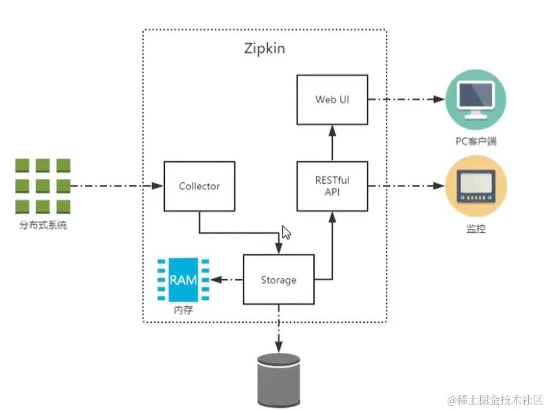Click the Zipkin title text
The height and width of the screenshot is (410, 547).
pos(265,48)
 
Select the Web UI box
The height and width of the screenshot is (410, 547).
pos(332,99)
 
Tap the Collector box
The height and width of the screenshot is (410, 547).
pos(199,186)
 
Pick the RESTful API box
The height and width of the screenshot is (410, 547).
pos(332,186)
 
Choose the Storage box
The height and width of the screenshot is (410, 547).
pos(279,279)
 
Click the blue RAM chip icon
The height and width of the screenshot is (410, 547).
pos(182,280)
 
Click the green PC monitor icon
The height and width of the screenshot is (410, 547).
pos(475,99)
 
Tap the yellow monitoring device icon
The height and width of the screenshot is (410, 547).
pos(475,186)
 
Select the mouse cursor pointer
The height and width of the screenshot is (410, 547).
pos(286,233)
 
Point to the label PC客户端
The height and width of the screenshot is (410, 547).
pos(475,142)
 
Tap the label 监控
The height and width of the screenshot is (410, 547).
pos(475,229)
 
